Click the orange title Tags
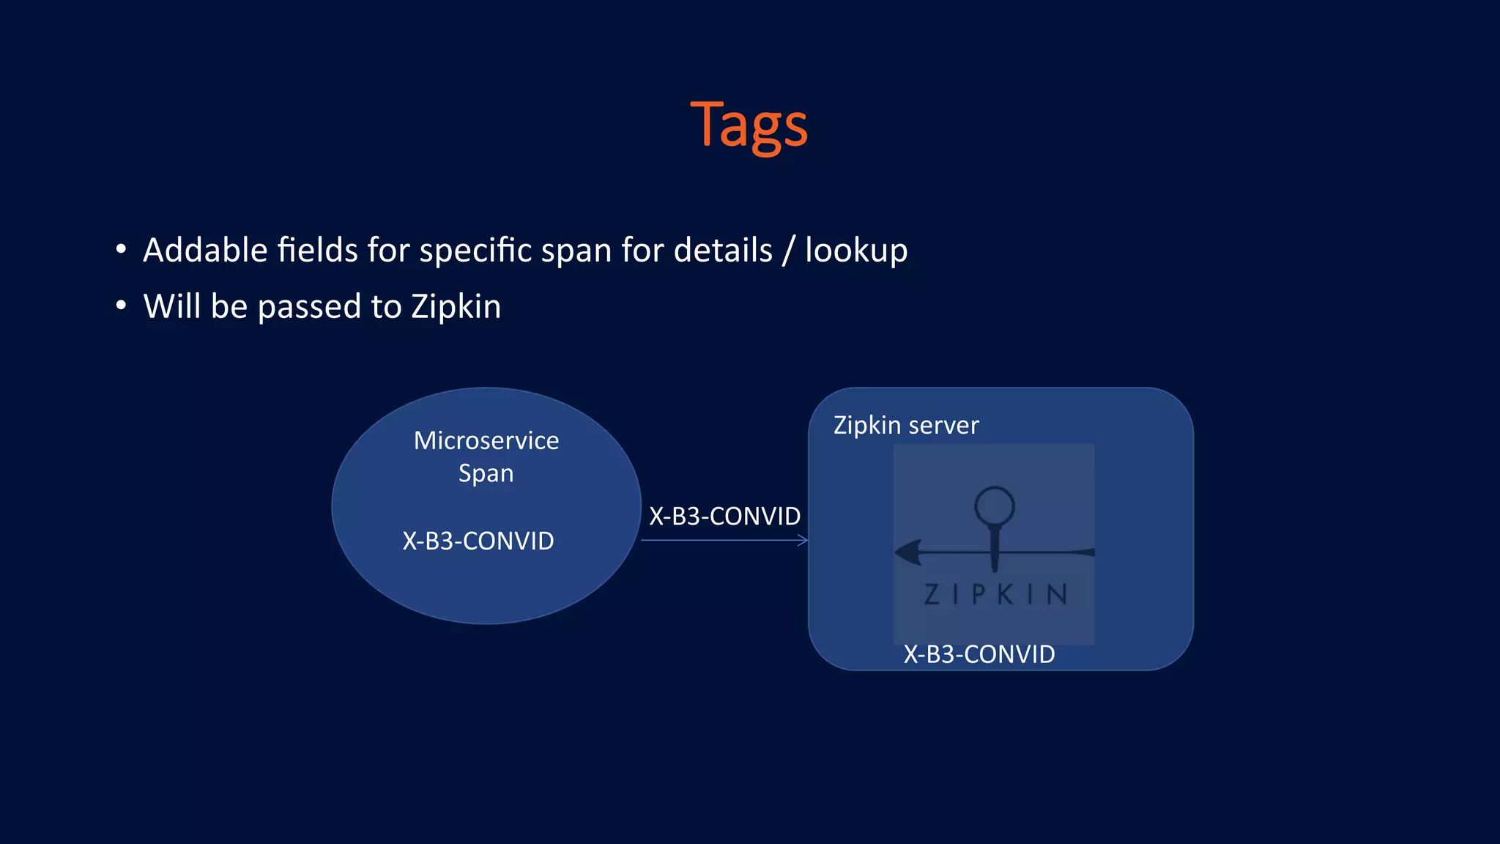coord(749,125)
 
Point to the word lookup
coord(856,251)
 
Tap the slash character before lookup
coord(788,251)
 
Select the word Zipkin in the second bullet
coord(456,306)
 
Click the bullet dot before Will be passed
coord(121,305)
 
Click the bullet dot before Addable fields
coord(121,249)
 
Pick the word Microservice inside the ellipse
coord(486,440)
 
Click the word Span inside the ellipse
coord(486,473)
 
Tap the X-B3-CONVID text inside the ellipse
coord(478,541)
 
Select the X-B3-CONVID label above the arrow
coord(724,516)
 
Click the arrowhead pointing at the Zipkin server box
coord(803,541)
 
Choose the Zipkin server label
coord(906,425)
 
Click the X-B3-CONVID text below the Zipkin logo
coord(979,654)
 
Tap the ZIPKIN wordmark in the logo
coord(995,594)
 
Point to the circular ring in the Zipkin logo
coord(995,505)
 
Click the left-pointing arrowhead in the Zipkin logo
coord(909,552)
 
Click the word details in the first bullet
coord(723,251)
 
